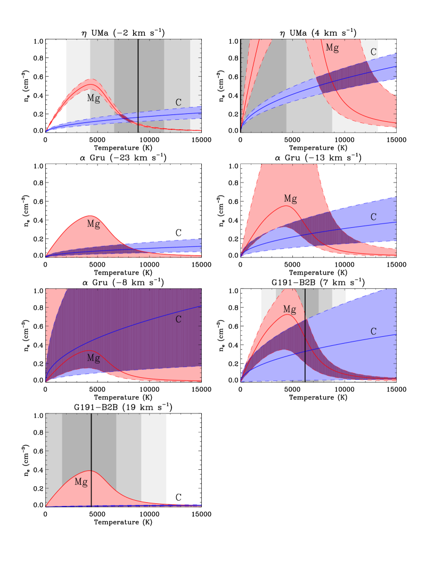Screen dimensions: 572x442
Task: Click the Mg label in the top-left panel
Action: click(x=93, y=98)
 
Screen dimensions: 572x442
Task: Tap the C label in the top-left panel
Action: click(x=178, y=102)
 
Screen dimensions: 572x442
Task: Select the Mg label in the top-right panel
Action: click(x=332, y=48)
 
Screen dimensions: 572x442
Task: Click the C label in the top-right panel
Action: click(x=373, y=52)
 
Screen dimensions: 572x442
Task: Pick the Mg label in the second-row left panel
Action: click(x=93, y=224)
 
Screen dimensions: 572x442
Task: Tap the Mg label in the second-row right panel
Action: click(x=290, y=199)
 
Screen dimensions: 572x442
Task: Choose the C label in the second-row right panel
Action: click(x=373, y=217)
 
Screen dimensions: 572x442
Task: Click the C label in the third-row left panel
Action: click(x=178, y=319)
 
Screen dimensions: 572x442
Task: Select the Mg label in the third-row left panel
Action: click(x=93, y=358)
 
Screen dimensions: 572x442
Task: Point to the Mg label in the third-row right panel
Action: click(x=289, y=309)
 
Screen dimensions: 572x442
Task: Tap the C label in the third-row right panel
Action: click(x=373, y=331)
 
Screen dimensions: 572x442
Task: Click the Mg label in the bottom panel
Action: click(x=81, y=482)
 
